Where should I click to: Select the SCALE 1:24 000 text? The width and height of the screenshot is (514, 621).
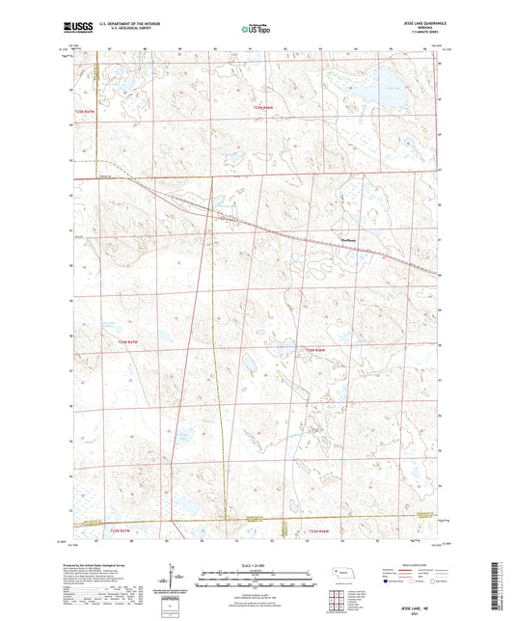click(257, 565)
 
